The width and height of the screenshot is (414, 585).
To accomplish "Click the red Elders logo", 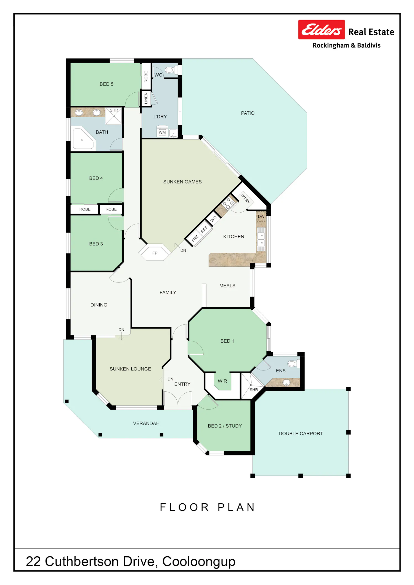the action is pos(321,30).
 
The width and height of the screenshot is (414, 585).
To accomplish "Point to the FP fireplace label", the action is pos(155,253).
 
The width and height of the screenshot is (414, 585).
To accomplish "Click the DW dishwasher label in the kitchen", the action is pos(261,217).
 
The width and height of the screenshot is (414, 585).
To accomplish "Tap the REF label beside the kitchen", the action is pos(204,229).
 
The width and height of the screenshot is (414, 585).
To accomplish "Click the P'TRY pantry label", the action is pos(245,199).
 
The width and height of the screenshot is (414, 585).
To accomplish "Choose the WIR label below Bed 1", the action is pos(222,381).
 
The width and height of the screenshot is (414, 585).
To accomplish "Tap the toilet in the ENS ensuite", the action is pos(293,364).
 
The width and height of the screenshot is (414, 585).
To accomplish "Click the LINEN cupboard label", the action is pos(146,98).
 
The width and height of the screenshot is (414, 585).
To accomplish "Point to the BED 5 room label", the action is pos(107,84).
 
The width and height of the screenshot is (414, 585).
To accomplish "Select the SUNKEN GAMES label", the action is pos(182,182).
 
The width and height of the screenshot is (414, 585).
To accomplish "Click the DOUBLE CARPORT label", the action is pos(301,434).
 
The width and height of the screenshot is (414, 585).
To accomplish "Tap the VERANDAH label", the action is pos(146,423).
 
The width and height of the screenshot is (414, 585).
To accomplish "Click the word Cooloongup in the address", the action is pos(199,562).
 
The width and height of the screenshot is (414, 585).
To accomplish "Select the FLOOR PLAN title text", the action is pos(208,507).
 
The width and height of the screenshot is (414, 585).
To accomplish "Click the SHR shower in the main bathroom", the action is pos(114,116).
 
